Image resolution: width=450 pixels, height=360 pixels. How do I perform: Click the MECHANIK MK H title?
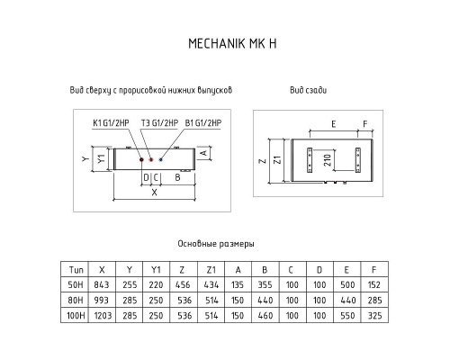point(232,43)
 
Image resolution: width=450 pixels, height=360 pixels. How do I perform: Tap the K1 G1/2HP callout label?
point(111,123)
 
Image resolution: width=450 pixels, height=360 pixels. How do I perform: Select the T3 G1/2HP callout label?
point(159,123)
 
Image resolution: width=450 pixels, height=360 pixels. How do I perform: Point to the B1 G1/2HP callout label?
point(203,123)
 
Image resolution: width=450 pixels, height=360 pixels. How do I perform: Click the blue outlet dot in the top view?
point(161,159)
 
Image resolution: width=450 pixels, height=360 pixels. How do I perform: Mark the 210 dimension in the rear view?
point(328,160)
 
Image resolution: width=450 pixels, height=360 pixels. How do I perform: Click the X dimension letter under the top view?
point(154,193)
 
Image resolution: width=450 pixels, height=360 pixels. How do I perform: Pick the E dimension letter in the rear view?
point(333,124)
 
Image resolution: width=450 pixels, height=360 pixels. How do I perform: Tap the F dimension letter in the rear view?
point(365,124)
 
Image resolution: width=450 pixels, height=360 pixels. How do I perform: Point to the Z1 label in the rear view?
point(278,159)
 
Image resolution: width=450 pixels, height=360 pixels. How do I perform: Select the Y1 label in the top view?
point(102,158)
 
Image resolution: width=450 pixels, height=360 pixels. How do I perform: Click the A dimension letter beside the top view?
point(203,153)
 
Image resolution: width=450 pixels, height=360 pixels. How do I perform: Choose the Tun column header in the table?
point(76,270)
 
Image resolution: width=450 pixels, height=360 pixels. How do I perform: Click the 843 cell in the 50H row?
point(102,284)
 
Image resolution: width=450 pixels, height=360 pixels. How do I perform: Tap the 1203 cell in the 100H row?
point(103,316)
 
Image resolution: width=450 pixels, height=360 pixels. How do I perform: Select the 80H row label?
point(76,301)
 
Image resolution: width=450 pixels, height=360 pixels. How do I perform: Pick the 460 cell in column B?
point(265,316)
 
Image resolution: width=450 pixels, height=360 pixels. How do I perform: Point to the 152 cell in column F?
point(373,284)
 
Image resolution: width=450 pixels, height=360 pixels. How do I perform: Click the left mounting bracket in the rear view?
point(310,160)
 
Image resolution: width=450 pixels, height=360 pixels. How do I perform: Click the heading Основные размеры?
point(216,244)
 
